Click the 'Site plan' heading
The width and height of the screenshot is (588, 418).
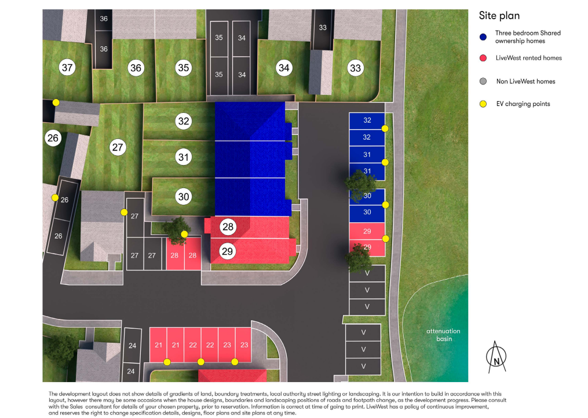click(x=498, y=16)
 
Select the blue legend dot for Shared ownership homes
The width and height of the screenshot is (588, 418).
click(x=483, y=37)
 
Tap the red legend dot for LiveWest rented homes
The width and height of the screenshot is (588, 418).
click(x=483, y=58)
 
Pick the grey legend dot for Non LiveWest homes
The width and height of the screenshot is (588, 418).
click(x=483, y=82)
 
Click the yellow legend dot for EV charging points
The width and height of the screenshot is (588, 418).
click(x=483, y=104)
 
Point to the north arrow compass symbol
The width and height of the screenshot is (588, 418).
click(x=496, y=357)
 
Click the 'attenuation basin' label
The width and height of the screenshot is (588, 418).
click(x=443, y=335)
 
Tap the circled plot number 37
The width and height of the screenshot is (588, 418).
click(x=68, y=68)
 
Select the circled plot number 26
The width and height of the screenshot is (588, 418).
click(x=53, y=138)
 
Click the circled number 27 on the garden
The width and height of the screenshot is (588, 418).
click(x=118, y=147)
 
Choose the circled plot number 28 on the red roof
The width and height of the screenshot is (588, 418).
click(x=228, y=228)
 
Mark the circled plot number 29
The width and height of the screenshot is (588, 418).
click(x=228, y=251)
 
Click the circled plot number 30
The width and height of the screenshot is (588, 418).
click(x=184, y=197)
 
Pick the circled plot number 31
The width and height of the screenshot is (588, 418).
click(x=184, y=157)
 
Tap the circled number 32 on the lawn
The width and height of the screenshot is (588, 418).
click(x=184, y=121)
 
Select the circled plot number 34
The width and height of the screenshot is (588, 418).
click(x=283, y=68)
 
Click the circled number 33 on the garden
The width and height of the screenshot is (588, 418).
click(x=355, y=68)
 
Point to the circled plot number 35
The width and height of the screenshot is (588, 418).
click(x=184, y=68)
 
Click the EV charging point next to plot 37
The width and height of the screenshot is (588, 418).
click(x=56, y=102)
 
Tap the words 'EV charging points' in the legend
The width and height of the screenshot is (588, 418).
click(x=523, y=104)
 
